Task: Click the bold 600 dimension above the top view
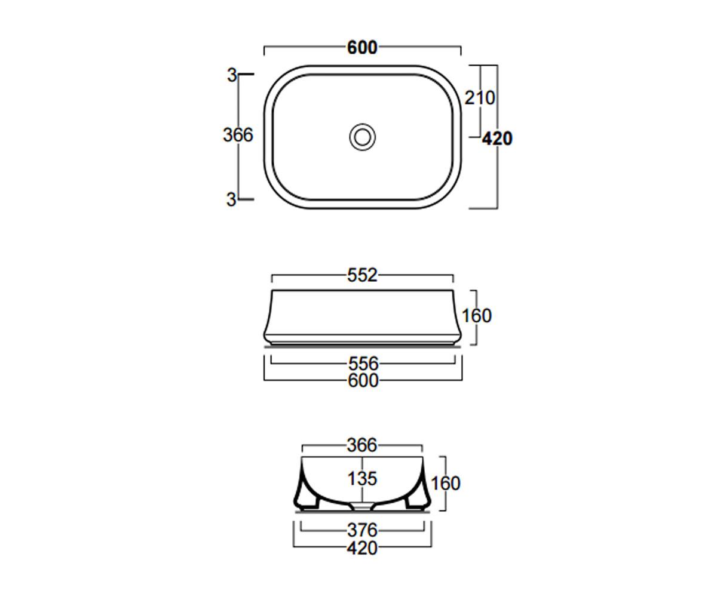[x=362, y=48]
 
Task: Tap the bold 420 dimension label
[x=497, y=139]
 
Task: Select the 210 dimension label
[x=480, y=98]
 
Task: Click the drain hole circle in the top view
[x=362, y=137]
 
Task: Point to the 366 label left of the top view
[x=238, y=135]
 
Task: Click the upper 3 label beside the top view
[x=232, y=75]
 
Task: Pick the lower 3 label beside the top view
[x=231, y=199]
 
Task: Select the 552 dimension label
[x=362, y=275]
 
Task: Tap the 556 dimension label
[x=363, y=364]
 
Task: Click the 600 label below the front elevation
[x=363, y=380]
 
